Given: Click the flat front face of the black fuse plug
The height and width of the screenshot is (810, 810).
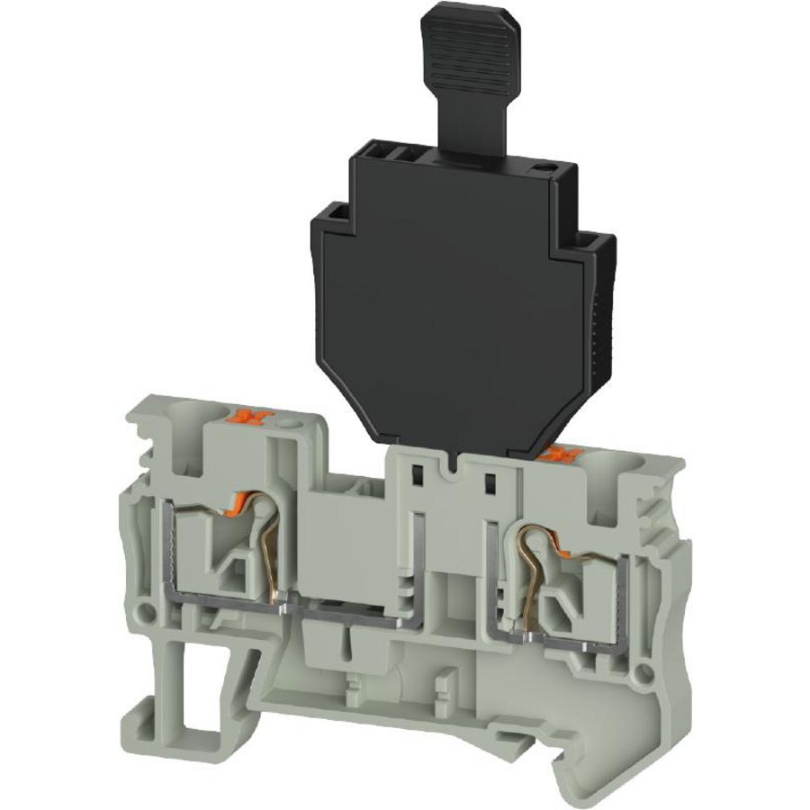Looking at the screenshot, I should tap(450, 306).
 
